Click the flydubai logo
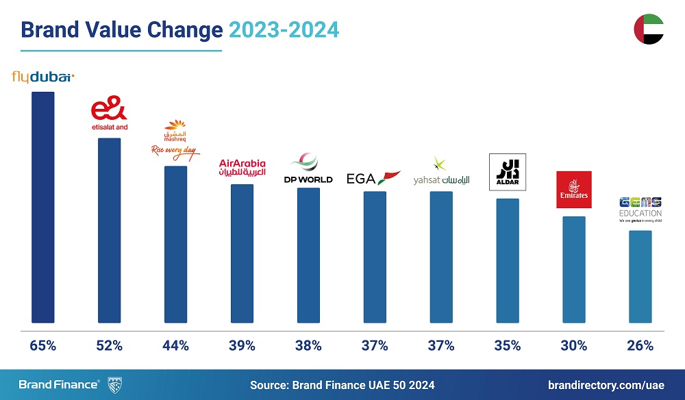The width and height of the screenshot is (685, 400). click(43, 77)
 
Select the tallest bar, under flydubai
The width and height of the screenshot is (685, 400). click(43, 205)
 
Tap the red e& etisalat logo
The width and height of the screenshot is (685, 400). click(110, 116)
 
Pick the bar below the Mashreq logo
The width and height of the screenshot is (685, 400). click(176, 243)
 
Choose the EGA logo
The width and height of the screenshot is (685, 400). click(373, 178)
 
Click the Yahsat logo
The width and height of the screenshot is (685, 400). click(441, 175)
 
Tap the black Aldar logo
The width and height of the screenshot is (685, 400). click(507, 171)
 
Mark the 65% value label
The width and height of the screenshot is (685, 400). click(43, 346)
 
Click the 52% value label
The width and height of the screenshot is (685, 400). click(110, 346)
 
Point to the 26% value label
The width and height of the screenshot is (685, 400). click(640, 346)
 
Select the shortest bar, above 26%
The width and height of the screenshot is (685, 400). click(640, 276)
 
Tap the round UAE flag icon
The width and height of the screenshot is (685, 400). click(648, 29)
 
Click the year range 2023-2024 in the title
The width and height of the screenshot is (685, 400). click(284, 30)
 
